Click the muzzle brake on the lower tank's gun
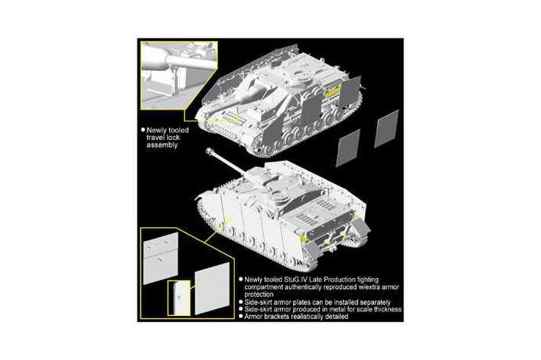(209, 153)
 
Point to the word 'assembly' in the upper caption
(163, 144)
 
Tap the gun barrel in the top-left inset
(172, 55)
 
